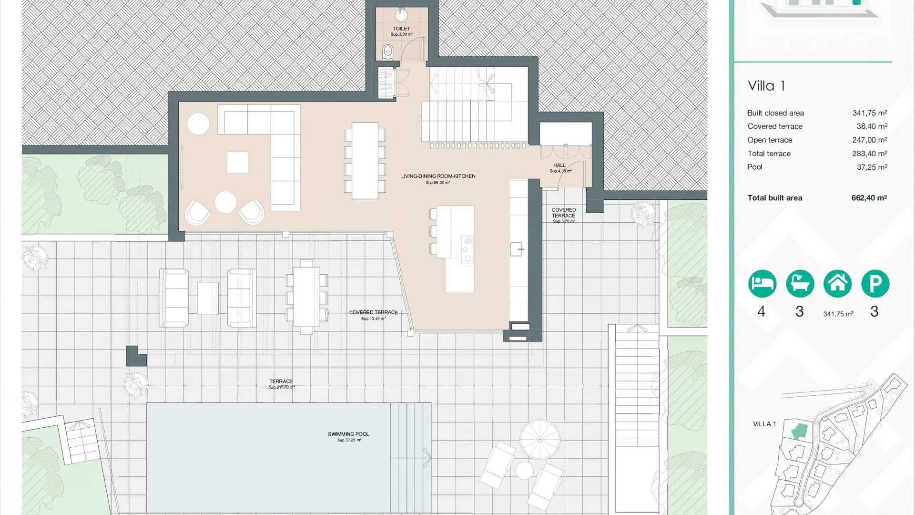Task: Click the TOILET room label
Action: [401, 29]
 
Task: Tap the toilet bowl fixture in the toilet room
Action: [388, 50]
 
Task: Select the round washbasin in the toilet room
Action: [401, 15]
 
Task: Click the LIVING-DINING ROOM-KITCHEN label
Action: [438, 176]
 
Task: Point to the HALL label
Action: [559, 165]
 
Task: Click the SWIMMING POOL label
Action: [348, 434]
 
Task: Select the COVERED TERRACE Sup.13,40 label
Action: [373, 313]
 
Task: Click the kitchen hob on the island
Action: [468, 249]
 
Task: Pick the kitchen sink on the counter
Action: [517, 249]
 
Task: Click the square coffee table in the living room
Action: [237, 163]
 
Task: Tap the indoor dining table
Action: [365, 161]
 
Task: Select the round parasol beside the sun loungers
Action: [539, 439]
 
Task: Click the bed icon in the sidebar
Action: [762, 284]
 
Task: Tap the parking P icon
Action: [875, 284]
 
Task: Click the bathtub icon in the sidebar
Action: [800, 284]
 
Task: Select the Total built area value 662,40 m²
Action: [869, 198]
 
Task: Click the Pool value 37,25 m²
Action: [872, 167]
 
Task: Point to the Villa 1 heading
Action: [766, 86]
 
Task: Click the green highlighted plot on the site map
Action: [800, 431]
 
